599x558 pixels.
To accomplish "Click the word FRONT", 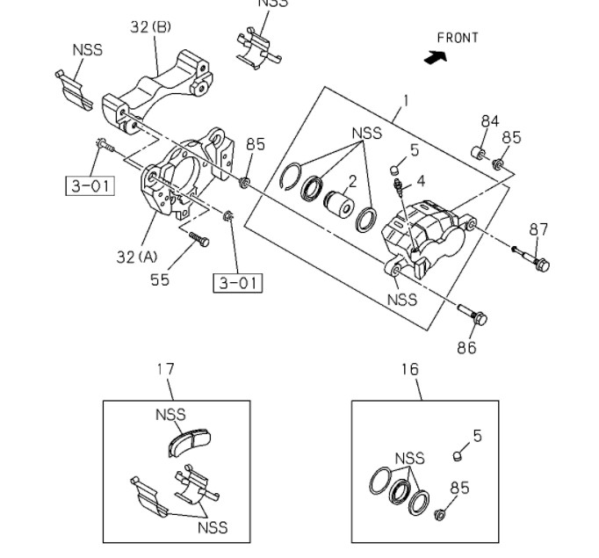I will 458,38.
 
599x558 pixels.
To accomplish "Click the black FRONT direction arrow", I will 434,57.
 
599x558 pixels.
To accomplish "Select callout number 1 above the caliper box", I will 406,101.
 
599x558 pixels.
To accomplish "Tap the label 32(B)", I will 151,27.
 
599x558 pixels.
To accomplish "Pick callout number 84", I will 489,120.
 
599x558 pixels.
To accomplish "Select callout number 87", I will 538,229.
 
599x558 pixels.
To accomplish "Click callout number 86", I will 465,347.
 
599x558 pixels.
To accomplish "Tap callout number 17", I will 166,369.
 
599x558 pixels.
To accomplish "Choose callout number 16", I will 410,369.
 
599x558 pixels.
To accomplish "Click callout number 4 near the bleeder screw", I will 421,181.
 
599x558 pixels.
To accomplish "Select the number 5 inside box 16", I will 478,436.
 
